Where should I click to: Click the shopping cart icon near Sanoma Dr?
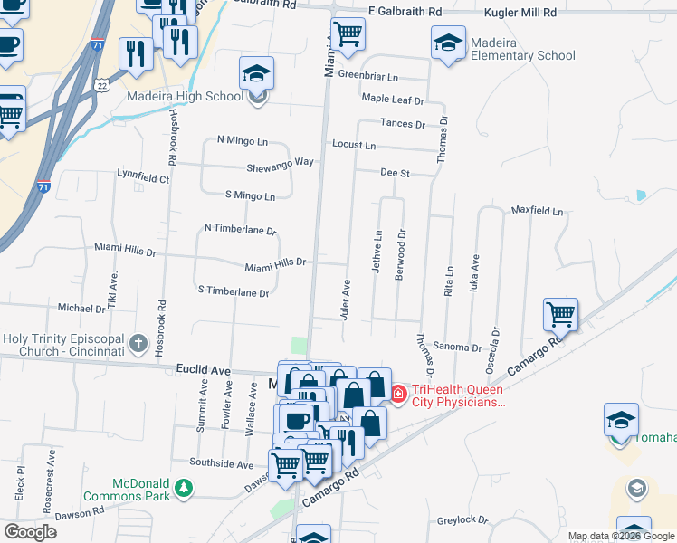(561, 316)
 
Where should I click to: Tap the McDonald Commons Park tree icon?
(184, 488)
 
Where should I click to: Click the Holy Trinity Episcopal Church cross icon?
(138, 343)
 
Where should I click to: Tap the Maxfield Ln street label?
(537, 212)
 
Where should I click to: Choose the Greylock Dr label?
(462, 520)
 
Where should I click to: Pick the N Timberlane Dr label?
(240, 229)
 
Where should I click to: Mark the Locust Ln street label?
(354, 145)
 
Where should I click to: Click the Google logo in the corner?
(30, 532)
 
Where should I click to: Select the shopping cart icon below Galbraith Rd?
(348, 34)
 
